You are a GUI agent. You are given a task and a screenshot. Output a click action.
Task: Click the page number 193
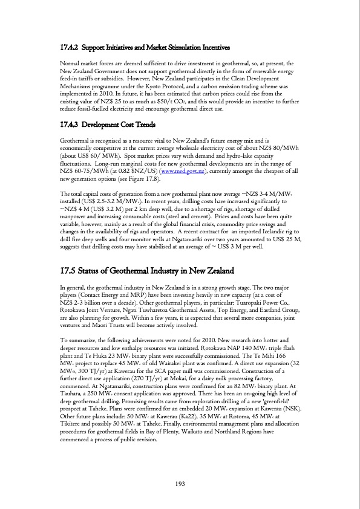tap(180, 482)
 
